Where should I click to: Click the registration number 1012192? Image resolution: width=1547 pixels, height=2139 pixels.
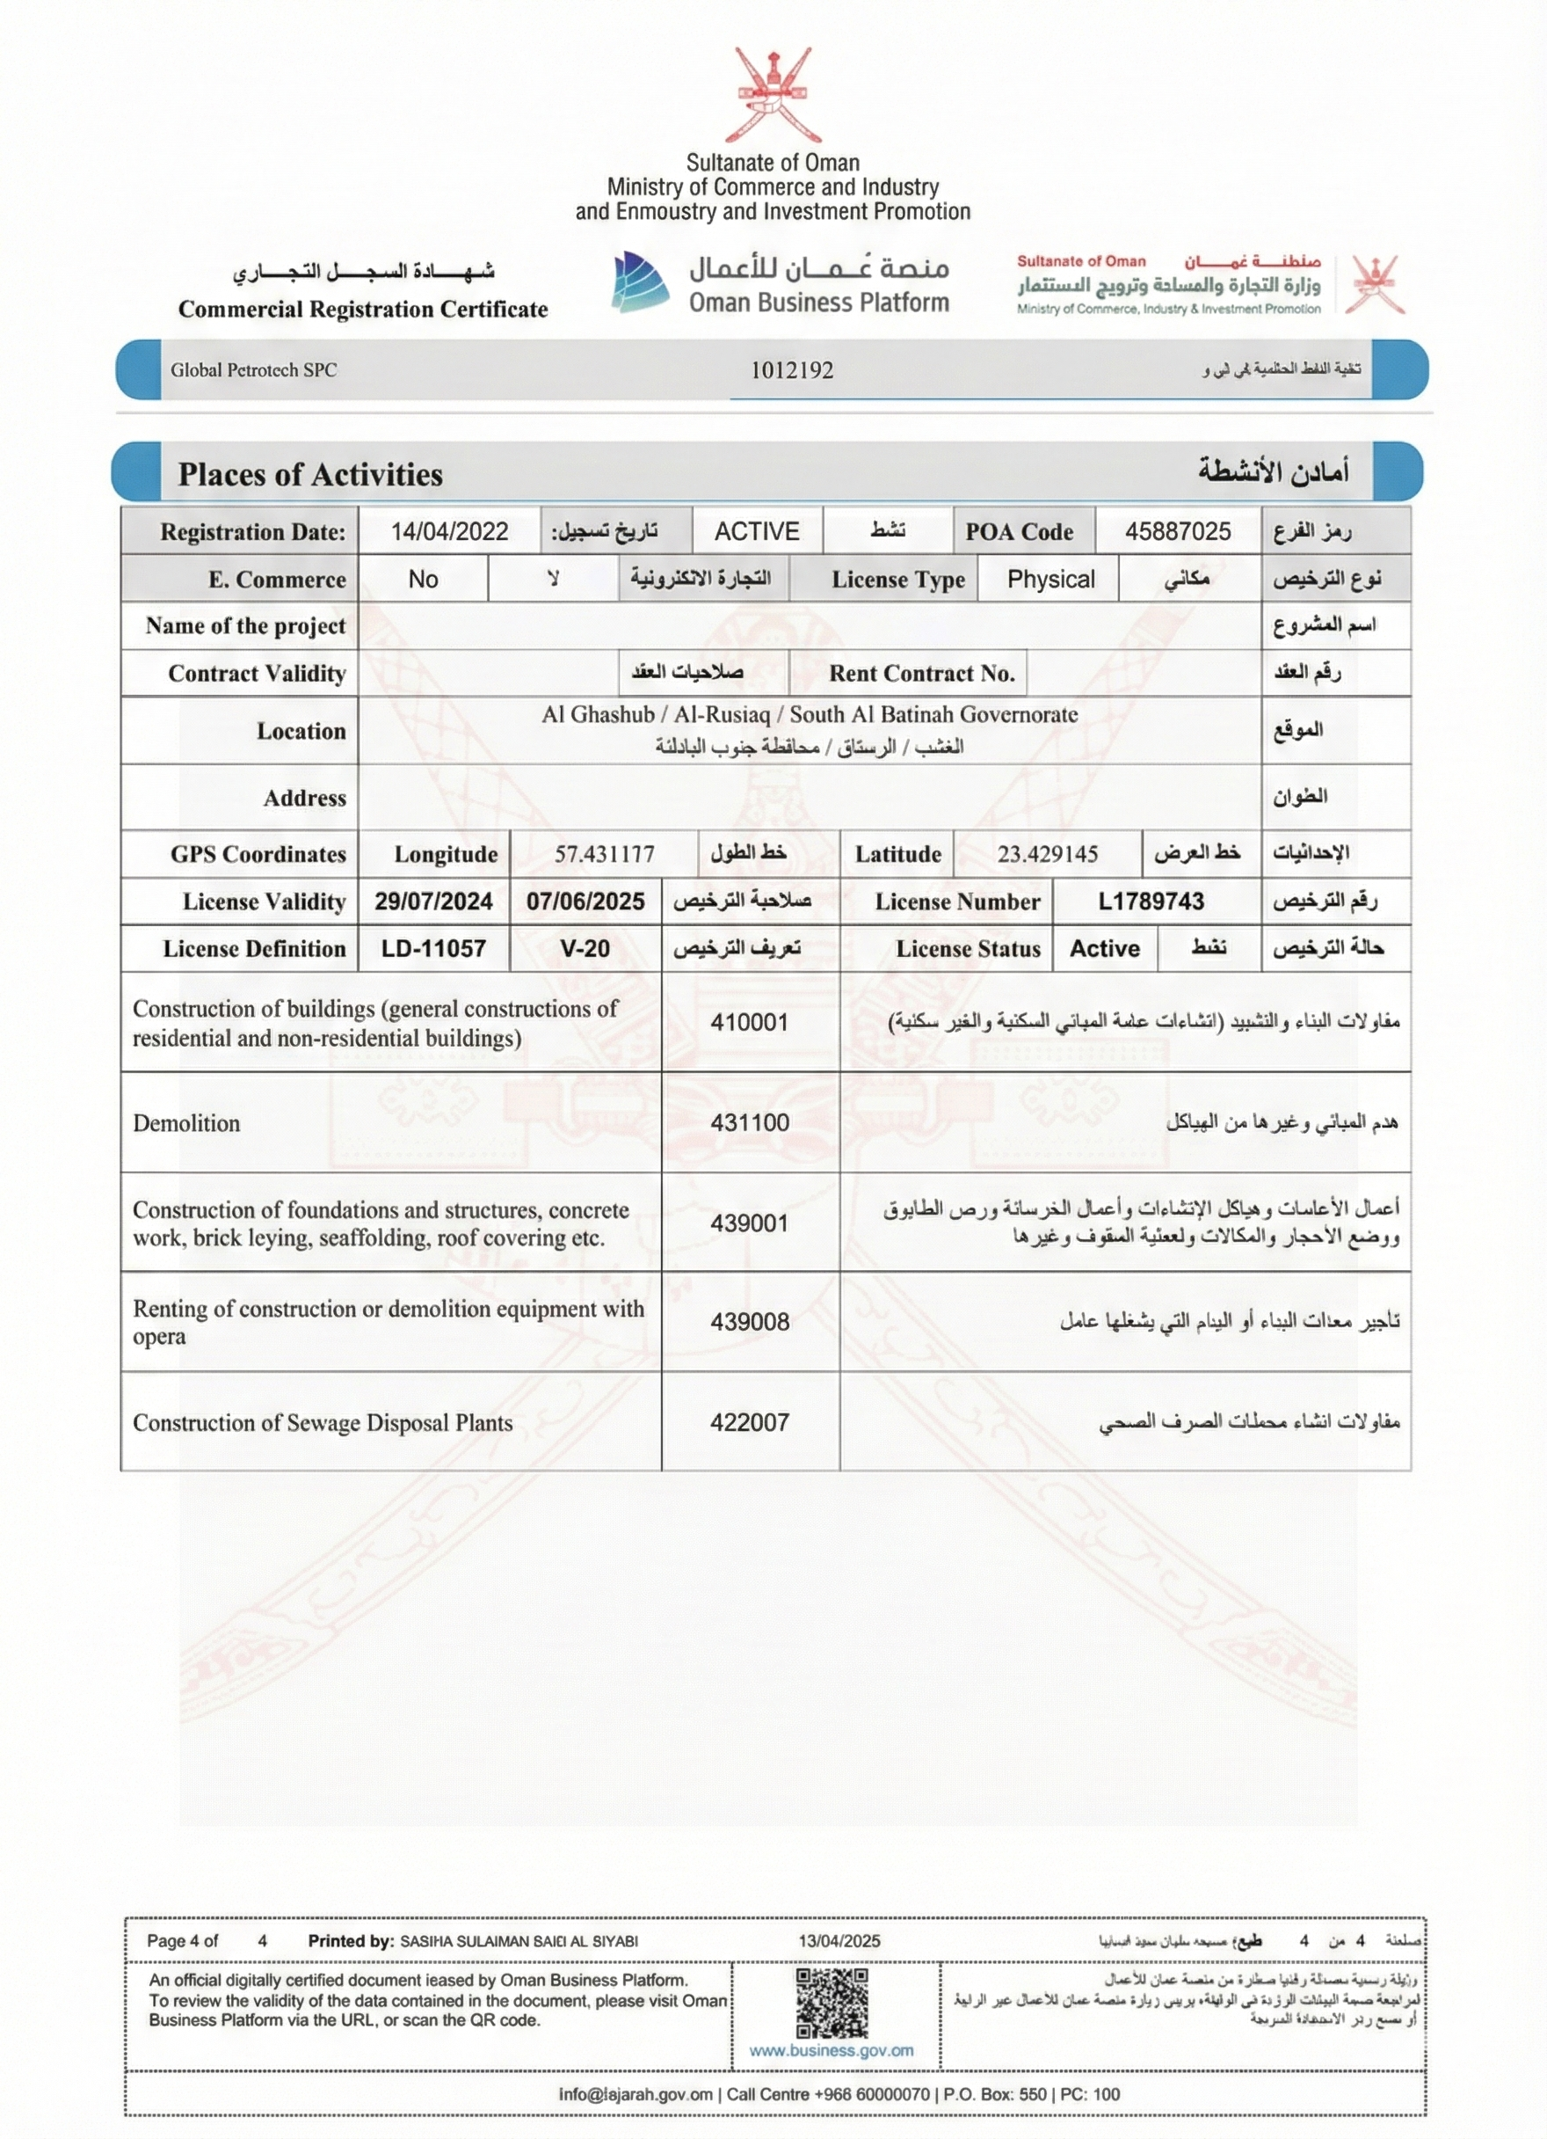(x=792, y=369)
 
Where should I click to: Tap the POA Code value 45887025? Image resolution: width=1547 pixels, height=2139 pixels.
(x=1178, y=531)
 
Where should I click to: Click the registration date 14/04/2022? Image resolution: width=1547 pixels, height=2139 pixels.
(x=450, y=531)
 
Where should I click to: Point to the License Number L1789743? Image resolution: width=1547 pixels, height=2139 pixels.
(x=1151, y=901)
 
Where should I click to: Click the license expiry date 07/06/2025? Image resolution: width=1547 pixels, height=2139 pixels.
(x=585, y=901)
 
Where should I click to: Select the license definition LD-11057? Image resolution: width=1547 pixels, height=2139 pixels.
(x=433, y=948)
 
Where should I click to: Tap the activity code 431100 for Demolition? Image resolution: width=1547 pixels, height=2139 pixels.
(x=750, y=1122)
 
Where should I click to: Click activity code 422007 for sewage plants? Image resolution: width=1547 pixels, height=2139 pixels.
(x=750, y=1422)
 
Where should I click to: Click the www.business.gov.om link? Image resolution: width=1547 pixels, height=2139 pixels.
(x=832, y=2049)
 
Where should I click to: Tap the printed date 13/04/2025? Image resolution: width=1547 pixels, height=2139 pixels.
(x=839, y=1940)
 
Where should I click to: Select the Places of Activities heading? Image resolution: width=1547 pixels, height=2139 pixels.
(x=310, y=474)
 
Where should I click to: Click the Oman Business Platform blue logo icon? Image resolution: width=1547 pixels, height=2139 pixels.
(x=642, y=281)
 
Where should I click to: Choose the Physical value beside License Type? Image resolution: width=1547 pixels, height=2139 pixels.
(x=1050, y=578)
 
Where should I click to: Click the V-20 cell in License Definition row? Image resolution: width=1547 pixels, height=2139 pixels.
(x=585, y=948)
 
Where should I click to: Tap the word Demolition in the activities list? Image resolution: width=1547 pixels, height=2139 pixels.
(x=186, y=1122)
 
